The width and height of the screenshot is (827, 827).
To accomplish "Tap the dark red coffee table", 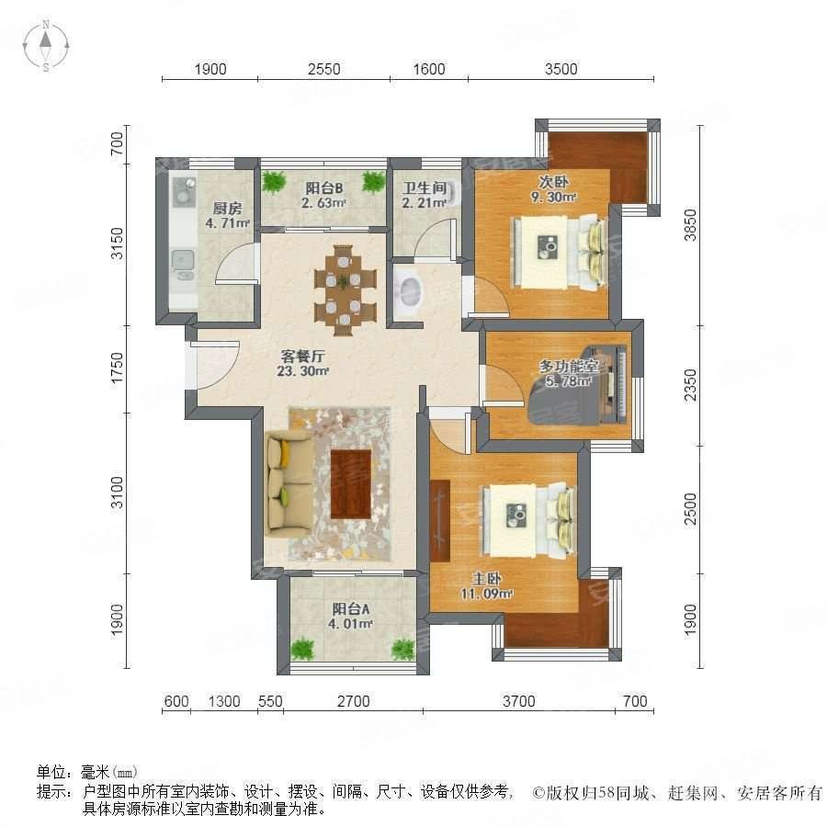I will [350, 483].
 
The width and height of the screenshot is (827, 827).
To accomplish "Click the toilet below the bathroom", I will [406, 290].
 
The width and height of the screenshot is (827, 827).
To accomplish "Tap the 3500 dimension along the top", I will [560, 69].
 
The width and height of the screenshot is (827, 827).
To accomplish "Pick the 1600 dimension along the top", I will [429, 69].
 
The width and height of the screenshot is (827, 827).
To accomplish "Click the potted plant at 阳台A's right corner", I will [402, 649].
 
